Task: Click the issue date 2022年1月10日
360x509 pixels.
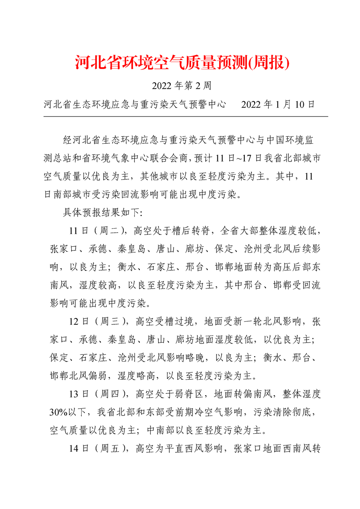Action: point(278,105)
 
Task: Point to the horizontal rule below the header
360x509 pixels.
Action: point(185,117)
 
